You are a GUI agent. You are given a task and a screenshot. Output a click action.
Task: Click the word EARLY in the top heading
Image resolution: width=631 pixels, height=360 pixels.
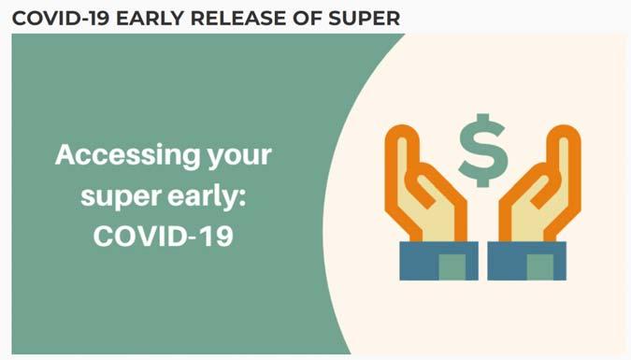point(151,19)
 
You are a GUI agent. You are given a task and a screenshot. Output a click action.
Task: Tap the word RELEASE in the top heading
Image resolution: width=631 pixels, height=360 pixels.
point(237,19)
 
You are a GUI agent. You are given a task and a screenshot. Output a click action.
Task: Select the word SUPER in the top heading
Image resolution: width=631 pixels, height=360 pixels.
point(365,19)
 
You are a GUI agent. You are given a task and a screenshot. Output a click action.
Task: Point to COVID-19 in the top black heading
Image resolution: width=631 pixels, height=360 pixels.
point(61,19)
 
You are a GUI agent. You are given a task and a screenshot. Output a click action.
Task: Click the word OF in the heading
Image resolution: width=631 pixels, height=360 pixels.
point(307,19)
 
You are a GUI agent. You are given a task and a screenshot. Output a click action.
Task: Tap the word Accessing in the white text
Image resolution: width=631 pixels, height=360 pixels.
point(127,155)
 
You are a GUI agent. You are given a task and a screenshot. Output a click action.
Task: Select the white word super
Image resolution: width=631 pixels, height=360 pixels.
point(122,198)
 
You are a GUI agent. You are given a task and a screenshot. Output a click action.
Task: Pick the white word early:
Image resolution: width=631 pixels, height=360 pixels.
point(207,197)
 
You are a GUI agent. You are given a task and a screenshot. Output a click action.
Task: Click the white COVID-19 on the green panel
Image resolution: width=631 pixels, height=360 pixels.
point(164,236)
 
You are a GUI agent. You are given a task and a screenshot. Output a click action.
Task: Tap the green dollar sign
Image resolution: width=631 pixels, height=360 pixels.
point(482,151)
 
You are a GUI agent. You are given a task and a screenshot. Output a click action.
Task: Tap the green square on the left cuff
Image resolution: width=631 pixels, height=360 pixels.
point(452,267)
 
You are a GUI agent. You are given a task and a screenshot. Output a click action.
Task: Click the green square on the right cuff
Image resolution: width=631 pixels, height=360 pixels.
point(540,267)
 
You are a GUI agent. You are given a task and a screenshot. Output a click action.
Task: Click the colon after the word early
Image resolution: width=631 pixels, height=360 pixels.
point(242,198)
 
